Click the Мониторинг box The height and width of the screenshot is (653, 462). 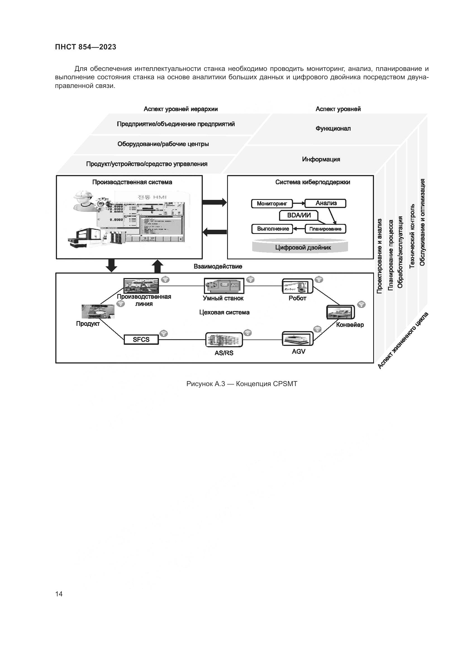[x=272, y=204]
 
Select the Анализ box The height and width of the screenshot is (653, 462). [x=325, y=203]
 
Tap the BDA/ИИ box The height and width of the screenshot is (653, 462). [x=298, y=215]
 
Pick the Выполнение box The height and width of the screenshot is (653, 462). [x=272, y=229]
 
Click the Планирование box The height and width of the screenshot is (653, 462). [x=325, y=229]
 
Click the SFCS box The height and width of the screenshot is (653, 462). [x=141, y=339]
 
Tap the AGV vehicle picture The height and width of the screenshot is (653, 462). [x=297, y=339]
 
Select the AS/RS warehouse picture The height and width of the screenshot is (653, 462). [x=224, y=340]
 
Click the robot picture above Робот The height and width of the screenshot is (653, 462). [x=297, y=286]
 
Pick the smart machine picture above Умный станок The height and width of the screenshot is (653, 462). [x=224, y=286]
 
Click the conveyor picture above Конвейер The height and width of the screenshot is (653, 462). [x=340, y=312]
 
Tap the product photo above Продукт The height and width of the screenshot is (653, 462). [x=98, y=312]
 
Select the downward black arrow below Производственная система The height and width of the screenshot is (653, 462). [x=111, y=265]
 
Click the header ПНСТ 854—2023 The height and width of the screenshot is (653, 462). [x=86, y=47]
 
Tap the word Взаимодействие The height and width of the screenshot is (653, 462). [x=218, y=267]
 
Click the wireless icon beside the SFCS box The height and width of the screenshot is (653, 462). [x=163, y=334]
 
